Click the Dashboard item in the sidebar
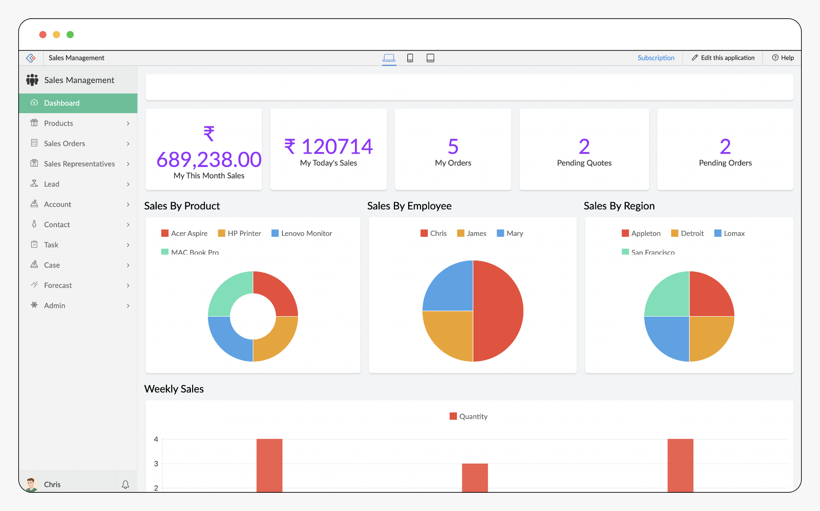click(x=61, y=103)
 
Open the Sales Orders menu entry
click(x=65, y=144)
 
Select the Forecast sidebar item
click(x=58, y=286)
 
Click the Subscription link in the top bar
click(x=656, y=58)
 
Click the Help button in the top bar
click(x=783, y=58)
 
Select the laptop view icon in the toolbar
click(x=389, y=58)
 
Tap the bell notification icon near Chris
click(x=125, y=485)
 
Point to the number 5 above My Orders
click(x=453, y=147)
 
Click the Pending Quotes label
click(x=584, y=163)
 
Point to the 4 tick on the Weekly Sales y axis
click(x=156, y=439)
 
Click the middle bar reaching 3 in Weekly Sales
click(x=475, y=477)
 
